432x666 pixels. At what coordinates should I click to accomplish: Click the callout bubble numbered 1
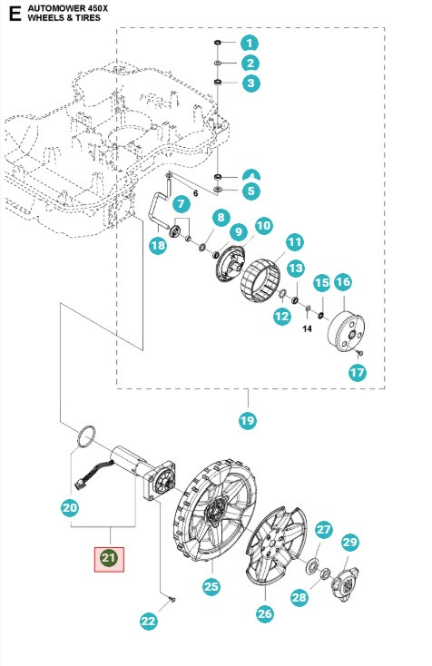click(x=250, y=44)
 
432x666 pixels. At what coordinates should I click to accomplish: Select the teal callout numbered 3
click(x=250, y=83)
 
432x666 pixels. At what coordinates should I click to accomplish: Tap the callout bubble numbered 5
click(x=250, y=191)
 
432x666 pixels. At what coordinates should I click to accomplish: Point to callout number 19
click(x=247, y=420)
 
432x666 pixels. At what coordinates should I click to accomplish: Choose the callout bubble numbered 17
click(x=357, y=372)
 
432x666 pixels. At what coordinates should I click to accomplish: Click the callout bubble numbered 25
click(x=211, y=587)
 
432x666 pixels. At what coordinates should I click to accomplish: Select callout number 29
click(x=350, y=543)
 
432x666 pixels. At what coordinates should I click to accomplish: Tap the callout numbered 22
click(x=149, y=621)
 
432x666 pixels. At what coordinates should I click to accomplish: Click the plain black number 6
click(x=194, y=194)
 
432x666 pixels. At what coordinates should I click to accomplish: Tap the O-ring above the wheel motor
click(x=85, y=436)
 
